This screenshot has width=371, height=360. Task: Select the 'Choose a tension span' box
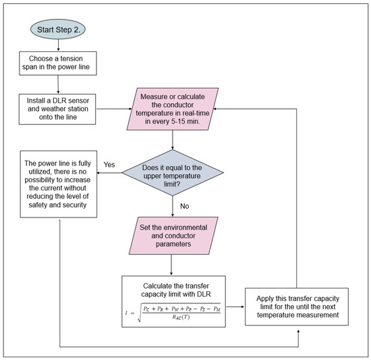point(59,63)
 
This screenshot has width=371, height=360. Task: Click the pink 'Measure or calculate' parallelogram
point(173,107)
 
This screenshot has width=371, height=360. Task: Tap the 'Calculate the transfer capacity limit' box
point(173,300)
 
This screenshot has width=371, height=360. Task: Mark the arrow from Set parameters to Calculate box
point(173,267)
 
